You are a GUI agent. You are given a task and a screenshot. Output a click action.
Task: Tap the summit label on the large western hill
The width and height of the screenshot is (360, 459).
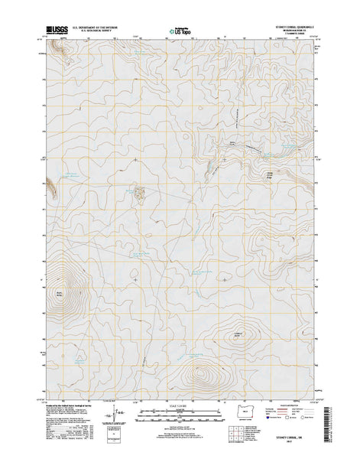[60, 292]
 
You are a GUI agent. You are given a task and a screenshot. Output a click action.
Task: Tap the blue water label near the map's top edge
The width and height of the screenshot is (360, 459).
[141, 52]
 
